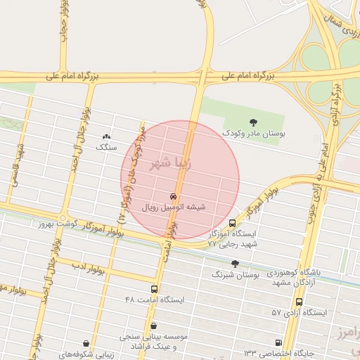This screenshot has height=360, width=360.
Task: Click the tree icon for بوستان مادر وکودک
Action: [x=254, y=122]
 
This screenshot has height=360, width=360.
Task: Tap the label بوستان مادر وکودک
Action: [x=254, y=132]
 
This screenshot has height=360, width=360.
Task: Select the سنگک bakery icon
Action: [x=106, y=136]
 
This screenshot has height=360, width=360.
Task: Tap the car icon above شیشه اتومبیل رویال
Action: [x=174, y=196]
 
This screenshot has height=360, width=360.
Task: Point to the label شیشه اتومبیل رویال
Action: [x=174, y=207]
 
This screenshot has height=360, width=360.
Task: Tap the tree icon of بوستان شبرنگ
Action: [x=235, y=264]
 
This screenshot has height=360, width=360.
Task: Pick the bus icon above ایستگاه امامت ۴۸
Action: [x=154, y=289]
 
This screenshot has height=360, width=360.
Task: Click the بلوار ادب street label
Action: [x=89, y=269]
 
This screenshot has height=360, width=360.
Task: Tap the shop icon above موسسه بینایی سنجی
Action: [x=154, y=326]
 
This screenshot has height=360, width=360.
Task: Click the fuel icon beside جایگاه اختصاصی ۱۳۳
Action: [x=278, y=343]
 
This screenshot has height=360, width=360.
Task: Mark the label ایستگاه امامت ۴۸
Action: [x=154, y=300]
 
